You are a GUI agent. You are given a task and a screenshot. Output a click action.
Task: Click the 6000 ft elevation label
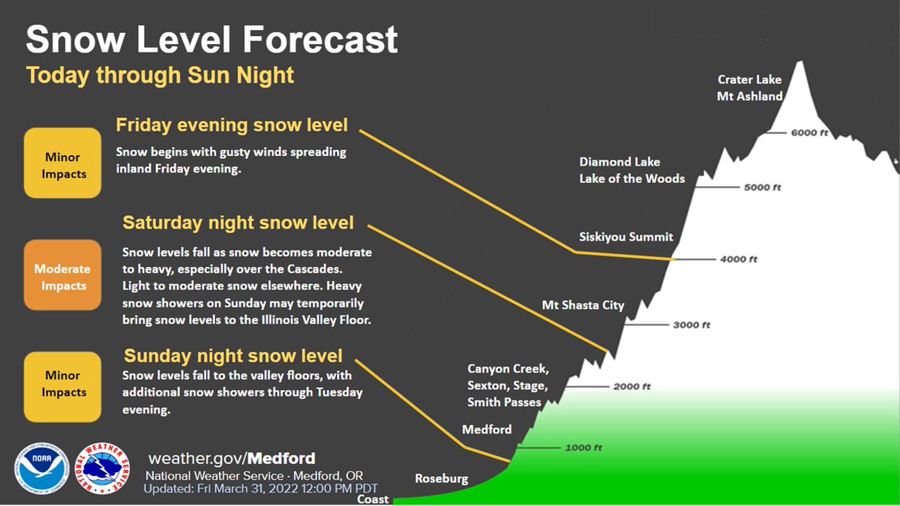[x=809, y=133]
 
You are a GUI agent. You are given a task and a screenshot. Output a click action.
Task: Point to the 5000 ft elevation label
[x=762, y=187]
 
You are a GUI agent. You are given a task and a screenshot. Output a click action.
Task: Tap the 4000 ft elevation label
[x=739, y=259]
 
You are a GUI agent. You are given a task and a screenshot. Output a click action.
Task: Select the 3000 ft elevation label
[x=691, y=325]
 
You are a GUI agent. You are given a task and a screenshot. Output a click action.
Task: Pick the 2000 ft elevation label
[x=631, y=387]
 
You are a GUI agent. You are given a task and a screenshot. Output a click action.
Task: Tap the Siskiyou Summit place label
[x=626, y=237]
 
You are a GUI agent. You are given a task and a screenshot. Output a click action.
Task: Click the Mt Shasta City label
[x=583, y=305]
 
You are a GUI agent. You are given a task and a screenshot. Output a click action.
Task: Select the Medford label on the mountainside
[x=487, y=430]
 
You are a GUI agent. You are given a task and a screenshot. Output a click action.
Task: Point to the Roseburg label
[x=441, y=478]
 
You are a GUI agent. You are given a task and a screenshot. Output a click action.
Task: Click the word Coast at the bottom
[x=373, y=499]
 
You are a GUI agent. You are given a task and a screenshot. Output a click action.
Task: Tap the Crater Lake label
[x=749, y=79]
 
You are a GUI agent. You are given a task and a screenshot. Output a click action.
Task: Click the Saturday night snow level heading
[x=238, y=223]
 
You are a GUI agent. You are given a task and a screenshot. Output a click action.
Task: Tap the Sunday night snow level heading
[x=233, y=355]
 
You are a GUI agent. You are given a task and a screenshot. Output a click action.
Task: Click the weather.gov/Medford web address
[x=232, y=458]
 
